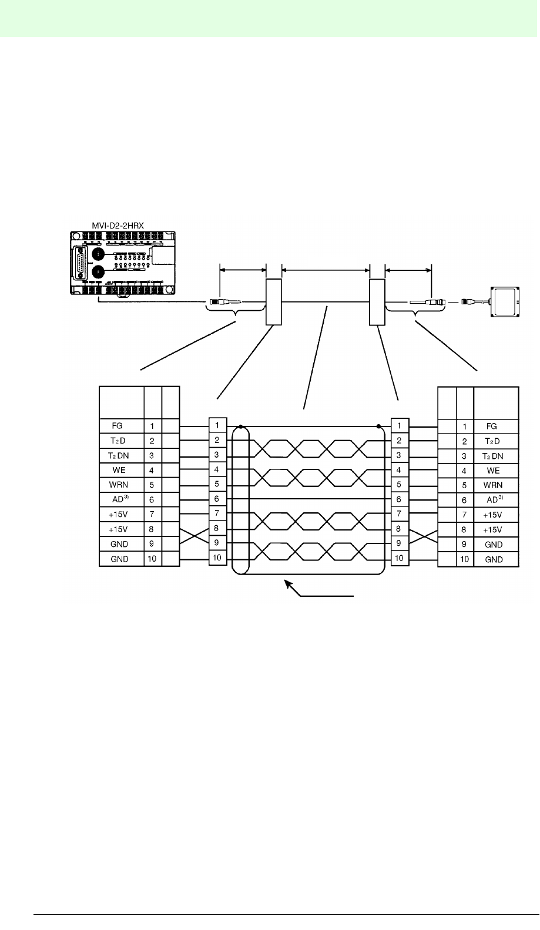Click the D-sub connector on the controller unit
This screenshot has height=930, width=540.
80,260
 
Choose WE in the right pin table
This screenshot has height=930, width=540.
494,471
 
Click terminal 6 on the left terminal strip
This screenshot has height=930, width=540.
217,498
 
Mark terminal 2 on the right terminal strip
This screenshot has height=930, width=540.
399,440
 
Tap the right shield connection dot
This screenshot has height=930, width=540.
378,426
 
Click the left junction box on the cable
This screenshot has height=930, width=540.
274,302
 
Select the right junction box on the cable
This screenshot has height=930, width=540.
377,302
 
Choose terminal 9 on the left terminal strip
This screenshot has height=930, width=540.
217,542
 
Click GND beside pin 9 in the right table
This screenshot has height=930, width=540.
494,545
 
